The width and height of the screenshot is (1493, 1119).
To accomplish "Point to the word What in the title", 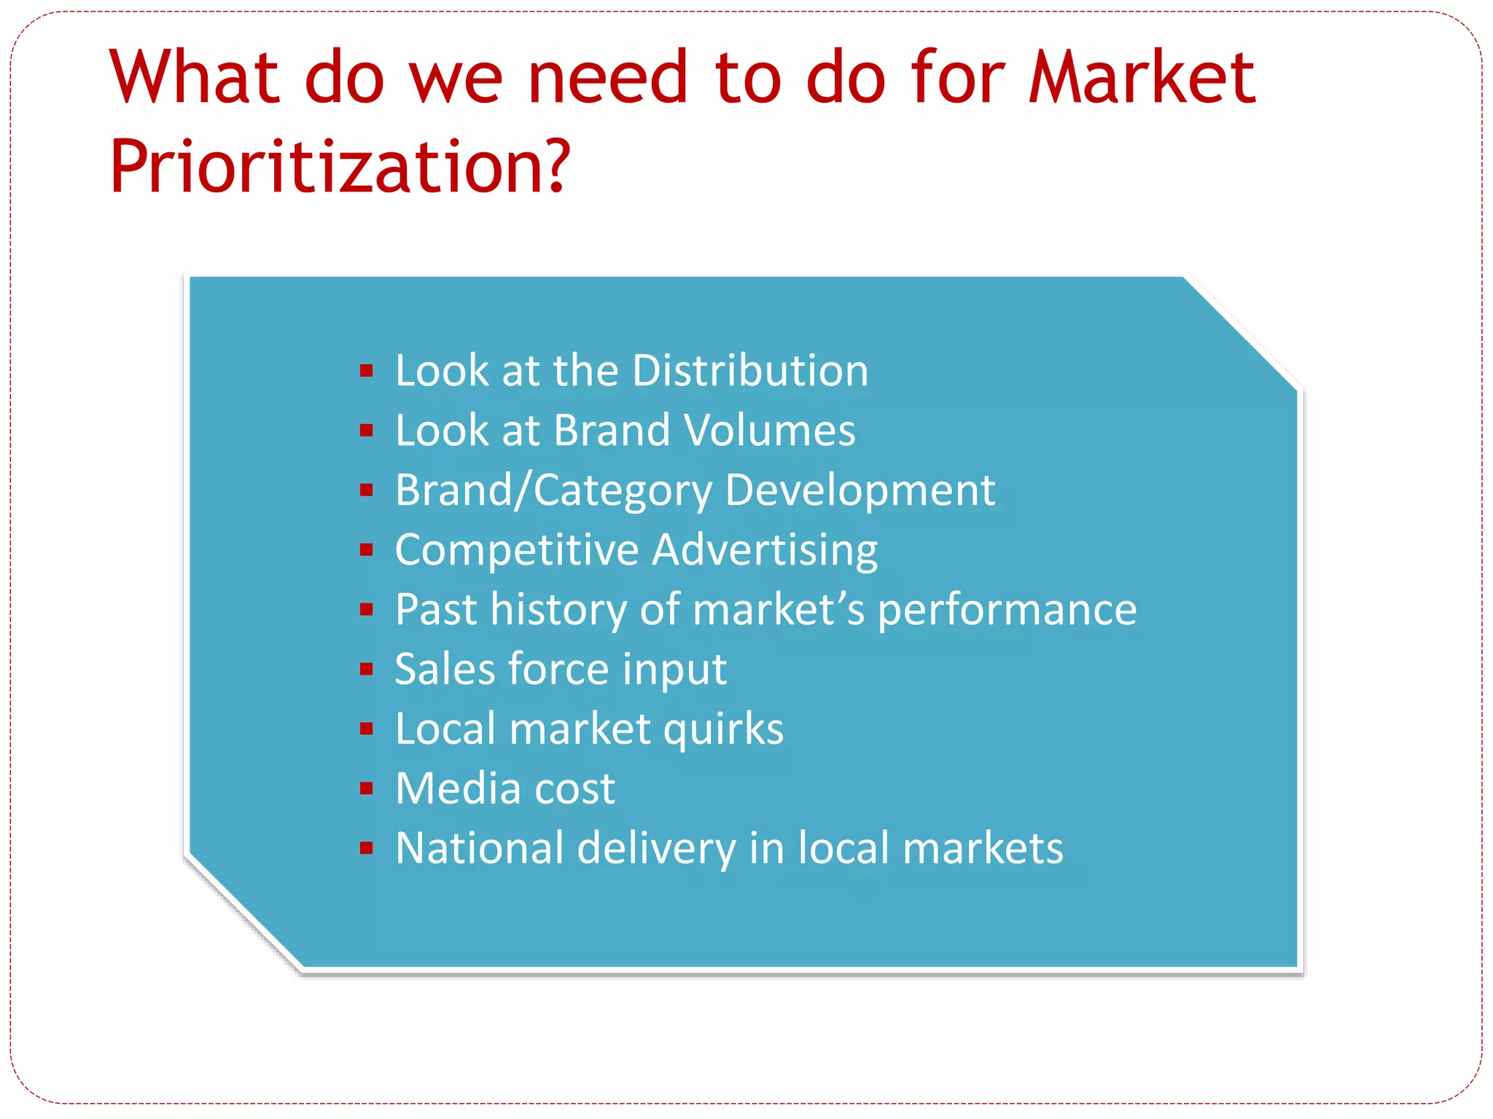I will click(x=195, y=77).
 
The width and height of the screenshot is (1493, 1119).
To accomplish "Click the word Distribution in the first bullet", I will click(x=750, y=371).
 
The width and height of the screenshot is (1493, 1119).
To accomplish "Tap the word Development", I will click(x=859, y=490).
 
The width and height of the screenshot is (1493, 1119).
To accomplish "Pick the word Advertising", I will click(x=765, y=550).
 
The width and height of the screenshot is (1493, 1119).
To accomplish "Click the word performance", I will click(x=1007, y=610).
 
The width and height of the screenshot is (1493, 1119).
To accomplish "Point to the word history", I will click(x=558, y=610).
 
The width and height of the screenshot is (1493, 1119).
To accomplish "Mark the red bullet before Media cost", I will click(x=367, y=788).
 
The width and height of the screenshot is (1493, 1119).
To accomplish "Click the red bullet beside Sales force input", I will click(x=367, y=669).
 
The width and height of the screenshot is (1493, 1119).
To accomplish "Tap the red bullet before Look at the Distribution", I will click(x=367, y=372).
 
